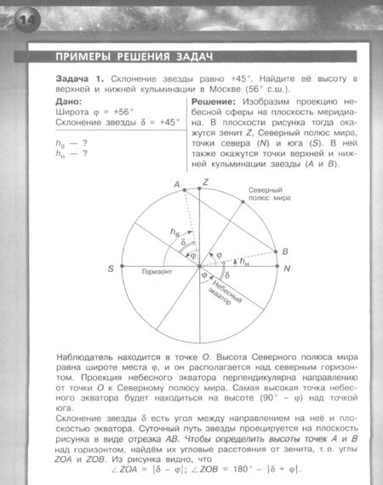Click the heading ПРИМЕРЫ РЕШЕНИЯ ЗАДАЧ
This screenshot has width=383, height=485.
click(x=132, y=57)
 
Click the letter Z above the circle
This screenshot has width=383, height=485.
click(x=205, y=183)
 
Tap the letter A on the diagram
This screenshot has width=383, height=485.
click(x=178, y=185)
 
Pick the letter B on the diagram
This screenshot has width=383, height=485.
click(x=286, y=251)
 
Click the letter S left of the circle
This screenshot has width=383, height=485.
click(x=111, y=269)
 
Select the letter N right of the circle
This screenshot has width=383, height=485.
click(x=287, y=269)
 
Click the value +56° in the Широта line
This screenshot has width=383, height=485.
click(x=125, y=112)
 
